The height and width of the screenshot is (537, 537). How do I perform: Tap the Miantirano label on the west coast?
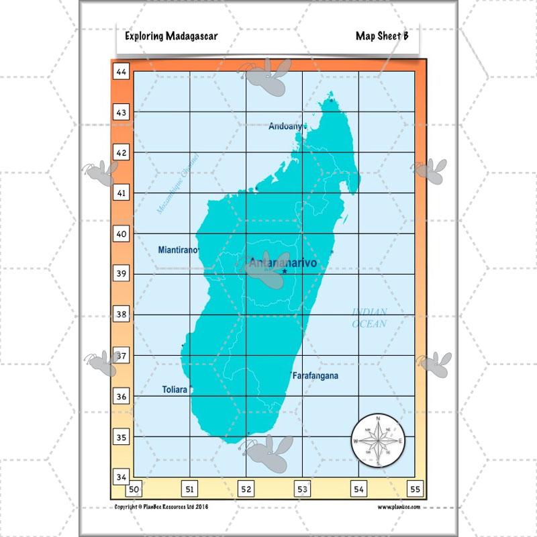click(178, 250)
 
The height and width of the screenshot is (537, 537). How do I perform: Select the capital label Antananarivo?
click(282, 262)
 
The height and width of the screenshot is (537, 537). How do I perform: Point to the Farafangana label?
click(315, 376)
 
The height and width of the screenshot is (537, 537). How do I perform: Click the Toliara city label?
click(175, 389)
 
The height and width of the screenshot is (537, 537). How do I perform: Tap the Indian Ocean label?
click(370, 318)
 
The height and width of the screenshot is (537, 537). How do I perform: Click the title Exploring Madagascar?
click(171, 36)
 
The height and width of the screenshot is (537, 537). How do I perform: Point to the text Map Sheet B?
click(382, 36)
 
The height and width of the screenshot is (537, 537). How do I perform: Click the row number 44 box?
click(121, 71)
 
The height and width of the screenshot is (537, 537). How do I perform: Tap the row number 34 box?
click(121, 477)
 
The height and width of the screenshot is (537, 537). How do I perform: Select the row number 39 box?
click(121, 274)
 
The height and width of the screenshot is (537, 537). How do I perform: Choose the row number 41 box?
click(121, 193)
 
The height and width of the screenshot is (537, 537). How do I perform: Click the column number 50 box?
click(134, 490)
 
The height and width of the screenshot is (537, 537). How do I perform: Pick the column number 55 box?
click(415, 490)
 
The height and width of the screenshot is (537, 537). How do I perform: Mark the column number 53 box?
click(303, 490)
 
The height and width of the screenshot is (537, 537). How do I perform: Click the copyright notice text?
click(162, 507)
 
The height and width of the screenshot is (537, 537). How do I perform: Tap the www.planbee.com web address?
click(399, 507)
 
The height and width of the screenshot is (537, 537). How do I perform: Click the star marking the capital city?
click(285, 272)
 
